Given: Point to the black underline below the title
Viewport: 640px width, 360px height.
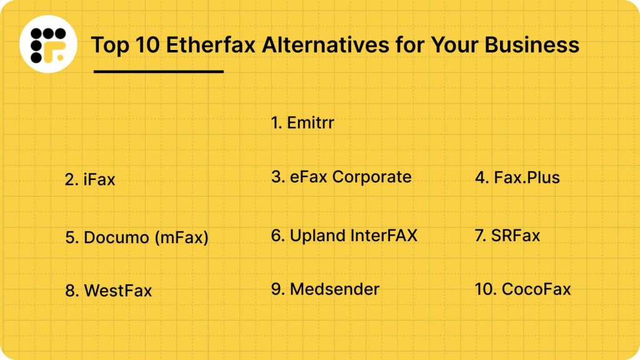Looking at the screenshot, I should point(158,71).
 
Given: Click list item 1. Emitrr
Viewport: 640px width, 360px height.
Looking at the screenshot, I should point(302,122).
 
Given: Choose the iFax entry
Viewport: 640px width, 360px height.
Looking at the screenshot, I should point(90,180).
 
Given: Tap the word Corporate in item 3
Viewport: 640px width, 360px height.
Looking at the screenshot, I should point(371,177).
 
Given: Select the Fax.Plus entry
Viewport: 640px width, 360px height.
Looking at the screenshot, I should point(517,177).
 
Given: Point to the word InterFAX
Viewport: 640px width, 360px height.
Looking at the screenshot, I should point(384,235).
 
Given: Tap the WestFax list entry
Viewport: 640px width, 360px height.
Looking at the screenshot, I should point(109,291).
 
